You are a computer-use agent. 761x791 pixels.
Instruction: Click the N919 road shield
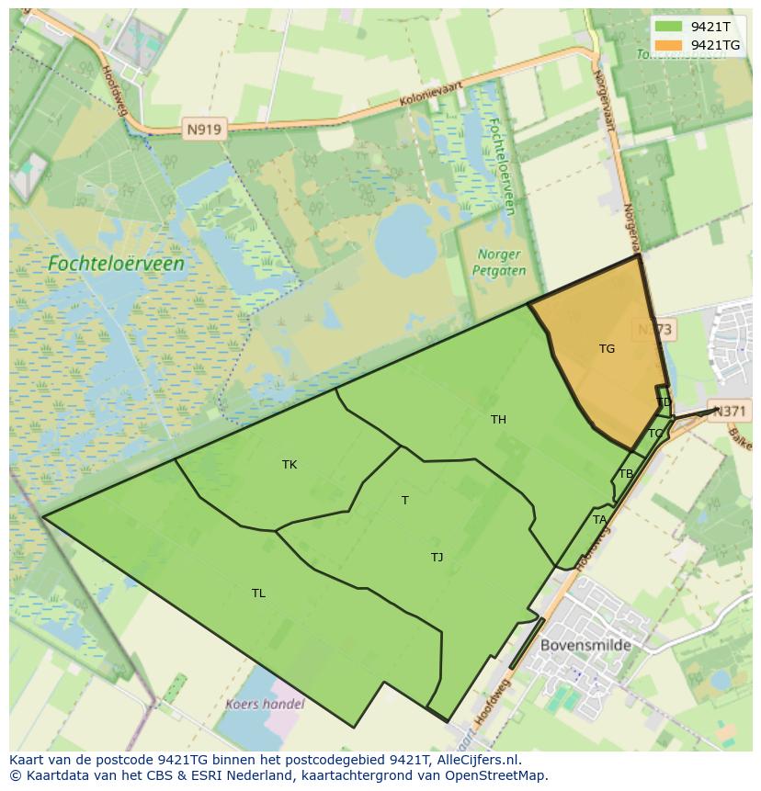[x=203, y=130]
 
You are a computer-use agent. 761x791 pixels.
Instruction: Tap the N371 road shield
[x=731, y=412]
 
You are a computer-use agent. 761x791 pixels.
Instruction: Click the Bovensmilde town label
[x=585, y=645]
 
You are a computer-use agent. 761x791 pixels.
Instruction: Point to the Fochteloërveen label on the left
[x=116, y=264]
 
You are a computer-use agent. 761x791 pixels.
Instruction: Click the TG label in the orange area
[x=607, y=349]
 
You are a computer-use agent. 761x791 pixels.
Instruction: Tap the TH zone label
[x=498, y=420]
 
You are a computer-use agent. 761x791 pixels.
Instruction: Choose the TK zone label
[x=290, y=465]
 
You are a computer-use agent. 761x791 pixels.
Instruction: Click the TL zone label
[x=258, y=593]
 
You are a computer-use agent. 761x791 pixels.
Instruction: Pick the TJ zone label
[x=437, y=558]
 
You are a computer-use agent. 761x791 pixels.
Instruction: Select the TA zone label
[x=599, y=520]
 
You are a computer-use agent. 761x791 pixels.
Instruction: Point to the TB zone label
[x=626, y=474]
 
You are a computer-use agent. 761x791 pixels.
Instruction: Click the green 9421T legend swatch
[x=668, y=28]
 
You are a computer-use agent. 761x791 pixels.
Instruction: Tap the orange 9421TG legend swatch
[x=668, y=45]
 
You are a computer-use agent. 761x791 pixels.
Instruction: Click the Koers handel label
[x=265, y=705]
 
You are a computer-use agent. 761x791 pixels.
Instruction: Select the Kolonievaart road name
[x=429, y=97]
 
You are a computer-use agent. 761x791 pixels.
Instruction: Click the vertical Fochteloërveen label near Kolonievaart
[x=501, y=165]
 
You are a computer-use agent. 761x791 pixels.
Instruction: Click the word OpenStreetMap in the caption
[x=502, y=775]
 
